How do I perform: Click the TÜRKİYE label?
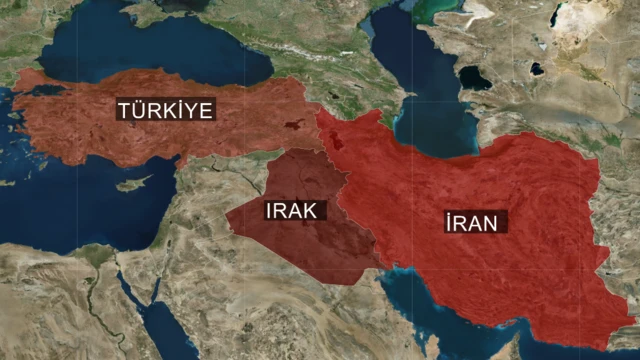(x=166, y=109)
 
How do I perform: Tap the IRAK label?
(x=291, y=210)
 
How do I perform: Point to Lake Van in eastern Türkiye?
(x=292, y=127)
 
